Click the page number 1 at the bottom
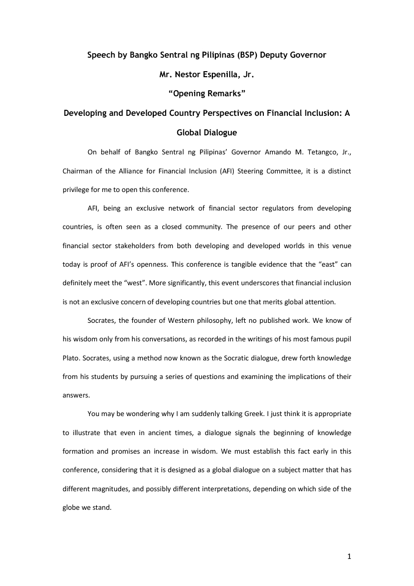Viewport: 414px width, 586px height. click(x=349, y=556)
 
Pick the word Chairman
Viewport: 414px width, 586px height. click(x=78, y=171)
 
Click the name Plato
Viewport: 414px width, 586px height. click(x=71, y=358)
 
